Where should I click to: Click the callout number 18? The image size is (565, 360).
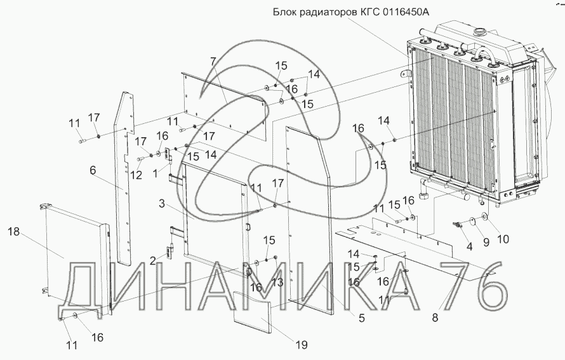[13, 234]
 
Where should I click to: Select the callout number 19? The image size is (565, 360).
[300, 345]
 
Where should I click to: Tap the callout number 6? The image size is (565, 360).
[93, 171]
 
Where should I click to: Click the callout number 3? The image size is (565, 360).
[162, 204]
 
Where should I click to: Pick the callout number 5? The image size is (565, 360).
[361, 318]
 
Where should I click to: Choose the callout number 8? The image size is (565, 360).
[435, 318]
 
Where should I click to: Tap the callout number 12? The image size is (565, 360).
[135, 175]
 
